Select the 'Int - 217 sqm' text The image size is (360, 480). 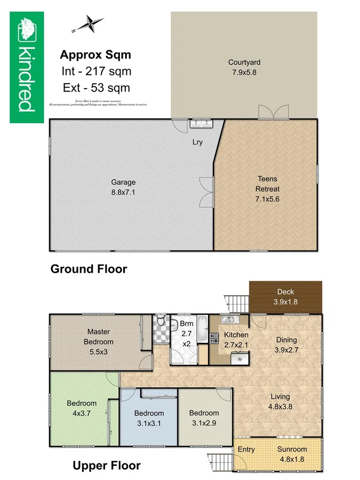tap(96, 71)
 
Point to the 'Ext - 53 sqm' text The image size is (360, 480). tap(96, 87)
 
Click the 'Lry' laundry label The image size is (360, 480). tap(197, 142)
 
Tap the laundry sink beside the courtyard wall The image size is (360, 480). tap(202, 124)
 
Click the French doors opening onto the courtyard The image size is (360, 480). tap(273, 113)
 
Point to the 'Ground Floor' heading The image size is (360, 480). tap(89, 269)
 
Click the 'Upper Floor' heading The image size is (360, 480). tap(107, 466)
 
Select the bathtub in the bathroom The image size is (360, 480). tap(202, 331)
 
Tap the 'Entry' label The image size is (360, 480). tap(246, 449)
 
